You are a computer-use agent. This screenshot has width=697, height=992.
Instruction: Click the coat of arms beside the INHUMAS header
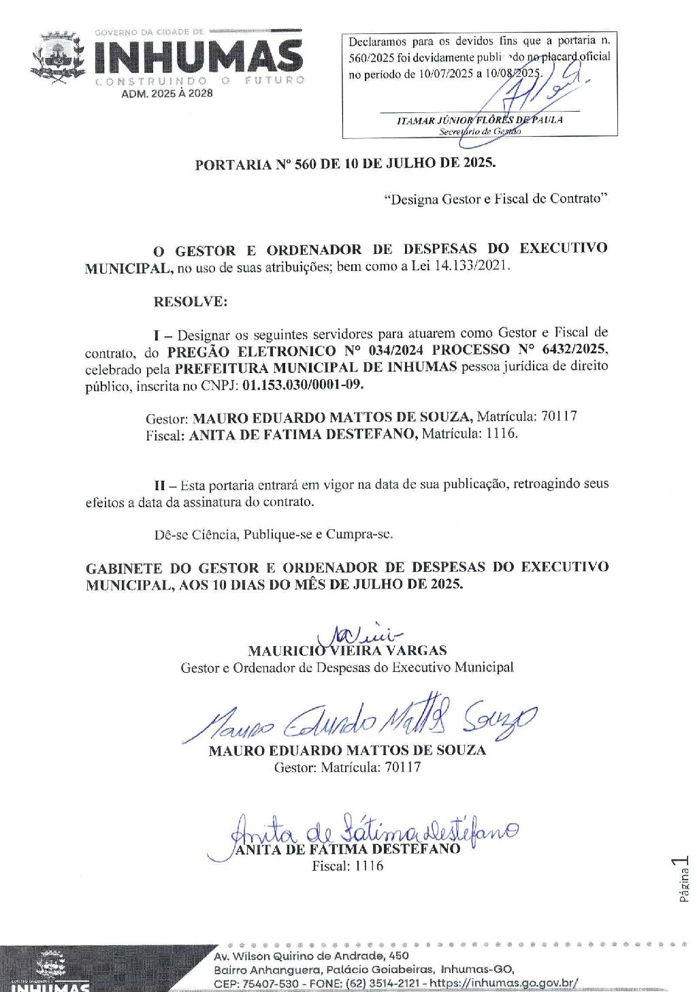pos(57,57)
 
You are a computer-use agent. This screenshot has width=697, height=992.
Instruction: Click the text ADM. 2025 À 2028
pos(167,94)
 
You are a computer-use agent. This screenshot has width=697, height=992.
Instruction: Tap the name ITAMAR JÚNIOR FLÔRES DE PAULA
pos(479,121)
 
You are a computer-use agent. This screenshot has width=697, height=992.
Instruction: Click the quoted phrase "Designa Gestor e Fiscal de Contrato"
pos(496,199)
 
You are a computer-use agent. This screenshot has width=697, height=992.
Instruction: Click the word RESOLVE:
pos(190,302)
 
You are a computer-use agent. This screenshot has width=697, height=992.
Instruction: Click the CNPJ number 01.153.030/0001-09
pos(303,385)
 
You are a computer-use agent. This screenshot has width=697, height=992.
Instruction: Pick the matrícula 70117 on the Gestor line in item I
pos(557,416)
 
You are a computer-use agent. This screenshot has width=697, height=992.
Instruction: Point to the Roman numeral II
pos(160,485)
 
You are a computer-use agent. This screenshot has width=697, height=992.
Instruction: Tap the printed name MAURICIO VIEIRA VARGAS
pos(347,651)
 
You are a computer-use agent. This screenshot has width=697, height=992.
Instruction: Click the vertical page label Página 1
pos(683,880)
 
